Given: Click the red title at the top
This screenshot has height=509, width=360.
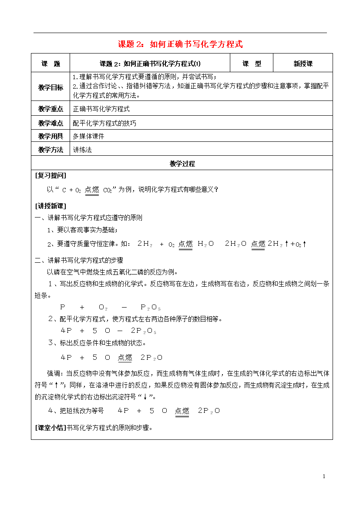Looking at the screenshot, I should tap(180, 44).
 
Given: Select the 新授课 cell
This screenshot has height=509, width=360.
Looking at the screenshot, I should tap(303, 64).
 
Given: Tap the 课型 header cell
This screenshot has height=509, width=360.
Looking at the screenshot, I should tap(252, 64).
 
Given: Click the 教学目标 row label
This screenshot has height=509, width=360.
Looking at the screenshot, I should tap(50, 87).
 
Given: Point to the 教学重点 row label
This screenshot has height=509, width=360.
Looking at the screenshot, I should tap(50, 109).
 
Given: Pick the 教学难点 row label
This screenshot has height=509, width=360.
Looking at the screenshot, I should tap(50, 123).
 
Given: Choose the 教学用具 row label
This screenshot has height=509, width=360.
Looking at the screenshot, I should tap(50, 136).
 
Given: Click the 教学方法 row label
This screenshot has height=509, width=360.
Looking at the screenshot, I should tap(50, 150).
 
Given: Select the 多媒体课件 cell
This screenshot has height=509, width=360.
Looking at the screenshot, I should tap(89, 136).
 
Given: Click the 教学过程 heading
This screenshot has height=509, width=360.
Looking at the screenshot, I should tap(182, 164).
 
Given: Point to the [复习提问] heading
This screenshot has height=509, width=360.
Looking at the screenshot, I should tap(50, 175).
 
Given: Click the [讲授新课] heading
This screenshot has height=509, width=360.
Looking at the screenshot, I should tap(50, 206).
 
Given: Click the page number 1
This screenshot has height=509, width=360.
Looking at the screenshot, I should tap(324, 477).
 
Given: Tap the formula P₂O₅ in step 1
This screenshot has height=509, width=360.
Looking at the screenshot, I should tap(151, 307).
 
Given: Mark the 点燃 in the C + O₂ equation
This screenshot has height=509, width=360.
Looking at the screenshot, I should tap(92, 190).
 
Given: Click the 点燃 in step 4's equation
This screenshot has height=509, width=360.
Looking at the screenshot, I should tap(182, 411).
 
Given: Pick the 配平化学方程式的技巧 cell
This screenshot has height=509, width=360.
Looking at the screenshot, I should tap(104, 123).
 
